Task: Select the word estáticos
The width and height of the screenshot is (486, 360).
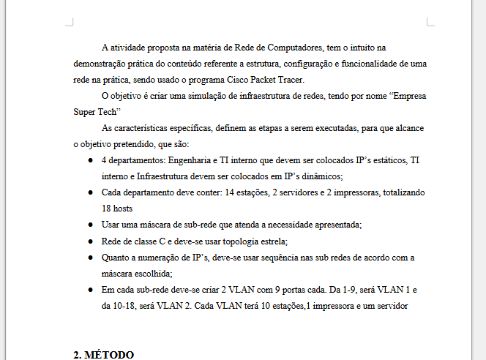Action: point(380,160)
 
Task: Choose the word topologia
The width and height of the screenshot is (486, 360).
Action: point(236,241)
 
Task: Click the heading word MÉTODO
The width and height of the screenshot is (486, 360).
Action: point(110,355)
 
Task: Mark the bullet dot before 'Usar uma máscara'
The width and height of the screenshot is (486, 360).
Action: point(89,225)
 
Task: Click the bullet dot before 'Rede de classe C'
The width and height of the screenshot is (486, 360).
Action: point(89,241)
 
